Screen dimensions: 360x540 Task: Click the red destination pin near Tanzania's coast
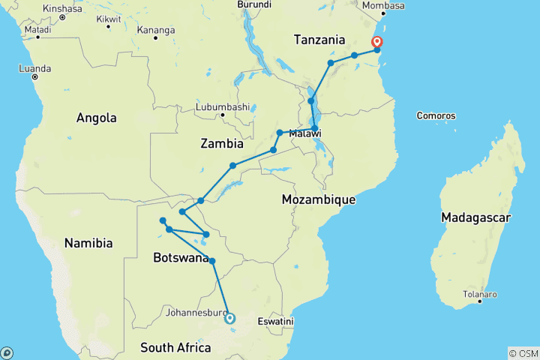pyautogui.click(x=376, y=42)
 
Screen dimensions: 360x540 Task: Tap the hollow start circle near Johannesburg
pyautogui.click(x=230, y=318)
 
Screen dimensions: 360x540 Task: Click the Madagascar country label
pyautogui.click(x=476, y=217)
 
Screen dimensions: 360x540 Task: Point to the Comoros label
pyautogui.click(x=436, y=116)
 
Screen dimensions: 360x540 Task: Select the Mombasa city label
pyautogui.click(x=383, y=6)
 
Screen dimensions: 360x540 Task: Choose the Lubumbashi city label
pyautogui.click(x=222, y=107)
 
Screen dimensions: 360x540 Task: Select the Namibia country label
pyautogui.click(x=88, y=243)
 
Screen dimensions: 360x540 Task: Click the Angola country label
pyautogui.click(x=96, y=118)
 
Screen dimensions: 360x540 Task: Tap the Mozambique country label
pyautogui.click(x=318, y=199)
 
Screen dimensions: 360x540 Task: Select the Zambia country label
pyautogui.click(x=222, y=142)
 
